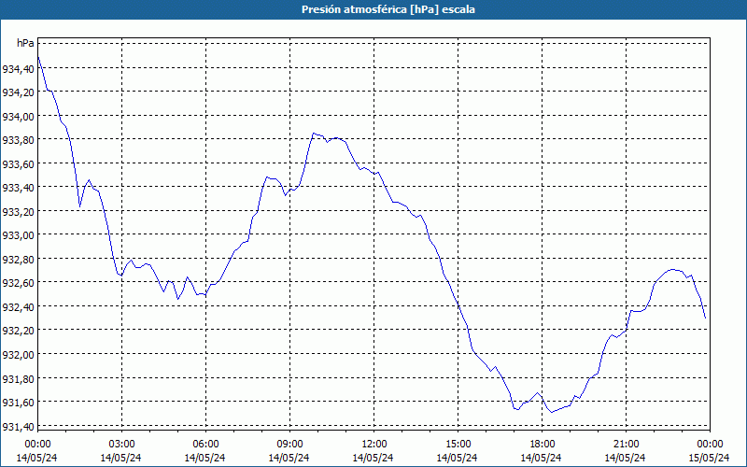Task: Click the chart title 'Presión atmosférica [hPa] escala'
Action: pyautogui.click(x=373, y=9)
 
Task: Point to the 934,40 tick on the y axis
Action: pyautogui.click(x=18, y=68)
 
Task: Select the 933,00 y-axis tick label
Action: pyautogui.click(x=18, y=235)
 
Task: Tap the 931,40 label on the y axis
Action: pyautogui.click(x=18, y=426)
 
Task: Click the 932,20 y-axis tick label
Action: pyautogui.click(x=18, y=331)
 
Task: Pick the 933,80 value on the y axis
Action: pyautogui.click(x=18, y=140)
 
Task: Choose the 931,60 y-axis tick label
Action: pyautogui.click(x=18, y=403)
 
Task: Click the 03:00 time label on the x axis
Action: pyautogui.click(x=121, y=444)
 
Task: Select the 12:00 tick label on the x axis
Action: pyautogui.click(x=373, y=444)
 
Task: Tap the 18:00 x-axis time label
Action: pyautogui.click(x=542, y=444)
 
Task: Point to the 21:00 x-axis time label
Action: pyautogui.click(x=626, y=444)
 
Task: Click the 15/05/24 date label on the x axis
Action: pyautogui.click(x=709, y=458)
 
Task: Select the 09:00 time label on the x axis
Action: pyautogui.click(x=289, y=444)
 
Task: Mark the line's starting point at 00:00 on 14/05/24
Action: pyautogui.click(x=37, y=57)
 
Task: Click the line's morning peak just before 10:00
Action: pyautogui.click(x=314, y=133)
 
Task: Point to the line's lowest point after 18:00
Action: pyautogui.click(x=550, y=412)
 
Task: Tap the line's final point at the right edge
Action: pyautogui.click(x=705, y=318)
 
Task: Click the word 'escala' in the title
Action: pyautogui.click(x=458, y=9)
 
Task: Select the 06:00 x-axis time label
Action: pyautogui.click(x=205, y=444)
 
